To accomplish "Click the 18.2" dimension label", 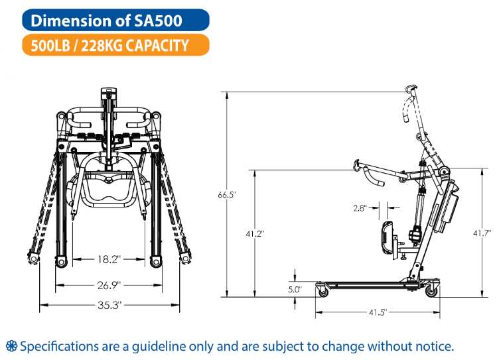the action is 109,259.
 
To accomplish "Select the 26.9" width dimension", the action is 109,285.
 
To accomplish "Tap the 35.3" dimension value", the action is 109,305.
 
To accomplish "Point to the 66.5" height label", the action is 227,195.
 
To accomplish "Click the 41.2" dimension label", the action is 255,234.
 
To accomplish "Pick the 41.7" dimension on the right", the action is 482,233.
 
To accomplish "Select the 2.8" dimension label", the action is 360,208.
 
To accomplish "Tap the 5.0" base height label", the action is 295,290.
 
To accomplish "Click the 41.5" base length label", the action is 378,312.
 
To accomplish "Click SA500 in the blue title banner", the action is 158,21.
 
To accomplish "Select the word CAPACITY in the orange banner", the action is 157,46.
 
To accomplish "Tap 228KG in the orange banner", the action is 102,46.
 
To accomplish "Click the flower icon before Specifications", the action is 11,346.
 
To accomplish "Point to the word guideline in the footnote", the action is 159,346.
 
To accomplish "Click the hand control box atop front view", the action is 109,93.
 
